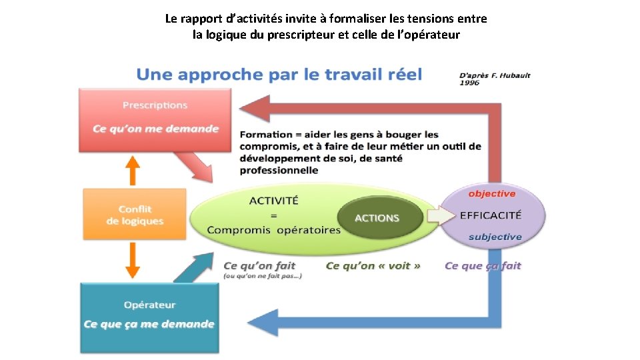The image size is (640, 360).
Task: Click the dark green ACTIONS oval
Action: [x=377, y=218]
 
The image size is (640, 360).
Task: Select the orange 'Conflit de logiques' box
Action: [x=135, y=214]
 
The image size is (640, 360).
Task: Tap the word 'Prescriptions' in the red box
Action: [x=155, y=105]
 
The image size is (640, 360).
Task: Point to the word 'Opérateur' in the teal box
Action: [x=150, y=305]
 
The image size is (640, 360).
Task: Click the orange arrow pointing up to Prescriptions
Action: [x=133, y=171]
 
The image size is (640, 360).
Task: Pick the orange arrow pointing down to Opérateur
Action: [x=133, y=261]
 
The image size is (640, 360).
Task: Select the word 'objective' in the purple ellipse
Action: [x=492, y=194]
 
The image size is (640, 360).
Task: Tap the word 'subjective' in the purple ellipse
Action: [x=495, y=237]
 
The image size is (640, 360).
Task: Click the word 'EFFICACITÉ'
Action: [x=491, y=215]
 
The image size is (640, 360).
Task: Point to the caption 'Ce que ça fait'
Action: [x=483, y=266]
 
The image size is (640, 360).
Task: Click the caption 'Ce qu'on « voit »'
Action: [x=373, y=266]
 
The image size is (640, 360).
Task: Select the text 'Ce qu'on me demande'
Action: [x=155, y=128]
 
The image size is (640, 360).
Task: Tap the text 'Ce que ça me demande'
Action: [x=149, y=325]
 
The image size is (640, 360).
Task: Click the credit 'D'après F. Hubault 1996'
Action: [x=495, y=79]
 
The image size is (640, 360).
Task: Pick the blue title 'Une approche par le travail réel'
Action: [x=279, y=74]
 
